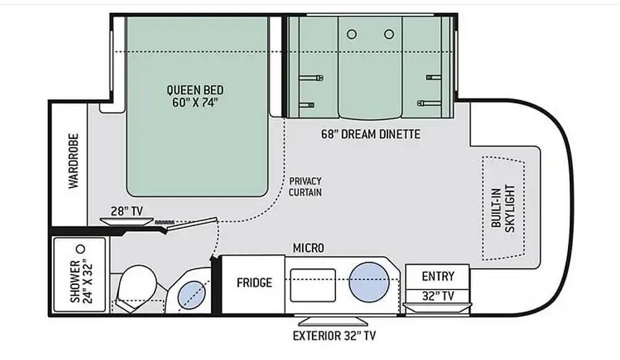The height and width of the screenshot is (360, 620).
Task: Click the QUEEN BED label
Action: tap(195, 90)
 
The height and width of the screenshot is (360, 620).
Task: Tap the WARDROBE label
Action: tap(74, 161)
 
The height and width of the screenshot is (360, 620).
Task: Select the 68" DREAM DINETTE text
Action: tap(371, 134)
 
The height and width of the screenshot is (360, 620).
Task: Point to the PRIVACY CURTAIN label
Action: tap(305, 187)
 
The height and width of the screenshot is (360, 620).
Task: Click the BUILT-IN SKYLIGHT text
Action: tap(503, 208)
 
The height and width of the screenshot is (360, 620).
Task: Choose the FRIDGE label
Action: tap(254, 283)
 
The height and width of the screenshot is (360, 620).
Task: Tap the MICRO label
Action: tap(308, 248)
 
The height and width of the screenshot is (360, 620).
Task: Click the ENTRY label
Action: tap(438, 276)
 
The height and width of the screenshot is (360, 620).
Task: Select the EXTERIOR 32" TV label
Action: tap(334, 336)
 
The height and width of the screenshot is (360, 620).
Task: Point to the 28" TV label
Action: tap(126, 211)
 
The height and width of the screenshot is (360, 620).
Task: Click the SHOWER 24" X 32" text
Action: tap(81, 281)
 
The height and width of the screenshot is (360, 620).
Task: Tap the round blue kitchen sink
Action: tap(369, 282)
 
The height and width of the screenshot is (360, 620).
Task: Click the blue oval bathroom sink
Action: tap(192, 294)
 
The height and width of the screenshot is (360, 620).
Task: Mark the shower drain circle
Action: tap(81, 249)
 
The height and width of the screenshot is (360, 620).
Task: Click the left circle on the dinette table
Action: tap(352, 34)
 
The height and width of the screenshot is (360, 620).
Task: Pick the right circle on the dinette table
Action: tap(389, 34)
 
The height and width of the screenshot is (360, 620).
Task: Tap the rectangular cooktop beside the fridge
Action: tap(312, 285)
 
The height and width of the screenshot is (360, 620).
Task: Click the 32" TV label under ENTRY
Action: tap(438, 296)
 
